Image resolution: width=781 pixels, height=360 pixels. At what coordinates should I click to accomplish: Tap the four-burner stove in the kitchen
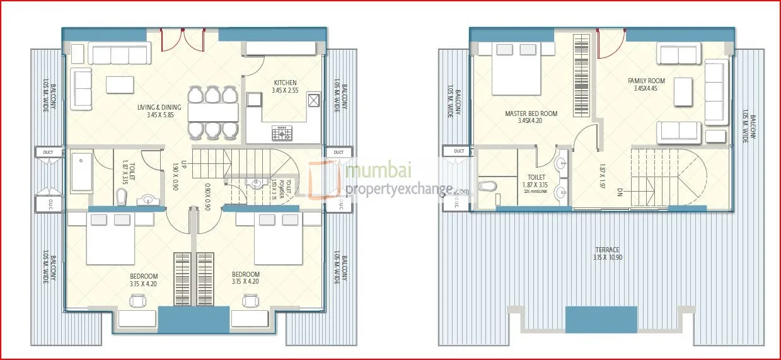coord(282,133)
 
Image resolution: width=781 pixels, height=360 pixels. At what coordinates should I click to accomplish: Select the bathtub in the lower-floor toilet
coord(82,170)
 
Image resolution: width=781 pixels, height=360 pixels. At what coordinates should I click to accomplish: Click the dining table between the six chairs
coord(212,112)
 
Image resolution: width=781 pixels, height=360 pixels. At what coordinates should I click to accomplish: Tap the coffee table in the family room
coord(683,92)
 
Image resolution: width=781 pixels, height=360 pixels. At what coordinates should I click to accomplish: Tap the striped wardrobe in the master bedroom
coord(581,75)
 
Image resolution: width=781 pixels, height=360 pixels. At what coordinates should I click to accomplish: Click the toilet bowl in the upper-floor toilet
coord(487,186)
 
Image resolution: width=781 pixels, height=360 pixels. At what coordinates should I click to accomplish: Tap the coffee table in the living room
coord(120,84)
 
